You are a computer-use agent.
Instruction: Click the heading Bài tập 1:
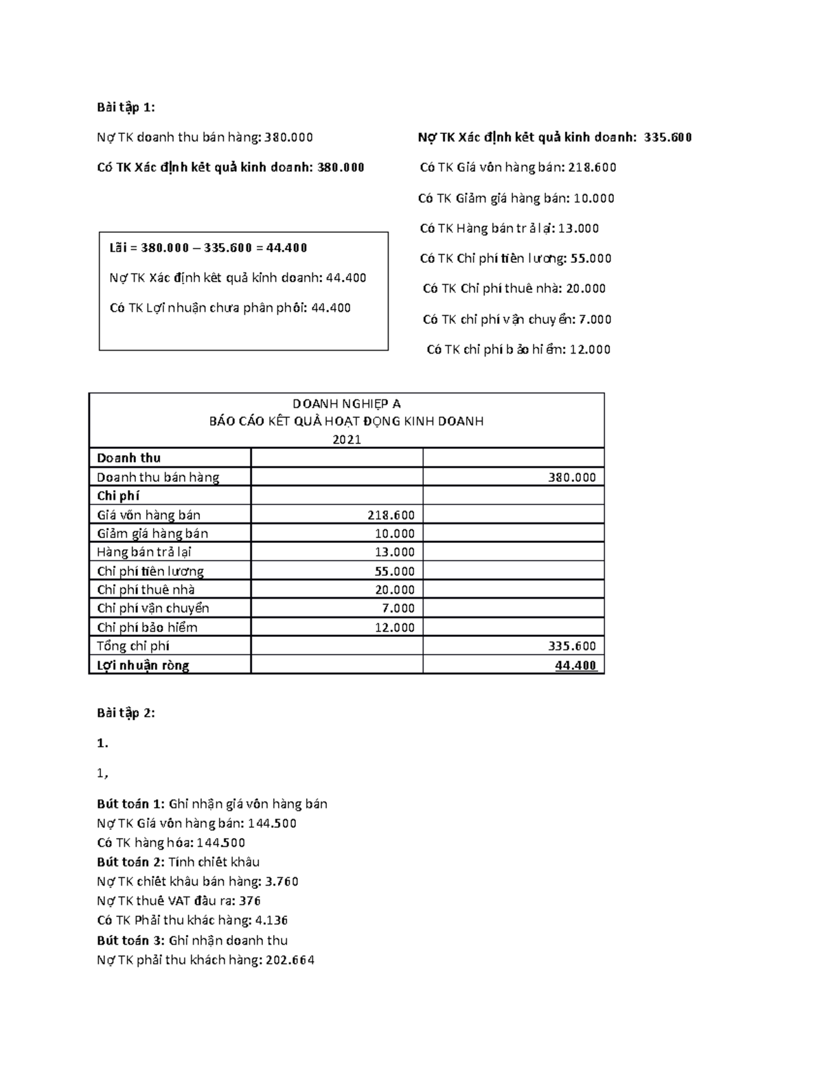[126, 107]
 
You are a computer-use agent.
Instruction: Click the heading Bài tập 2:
[126, 713]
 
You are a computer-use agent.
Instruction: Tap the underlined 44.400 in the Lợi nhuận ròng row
[576, 665]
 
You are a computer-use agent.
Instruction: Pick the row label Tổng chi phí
[133, 646]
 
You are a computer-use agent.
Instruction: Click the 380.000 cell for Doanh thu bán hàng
[572, 477]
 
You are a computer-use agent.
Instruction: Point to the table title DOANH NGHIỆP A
[346, 404]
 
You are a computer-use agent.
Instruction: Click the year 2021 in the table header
[346, 439]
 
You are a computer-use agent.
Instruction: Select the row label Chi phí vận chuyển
[152, 608]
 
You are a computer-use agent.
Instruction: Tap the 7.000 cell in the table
[398, 608]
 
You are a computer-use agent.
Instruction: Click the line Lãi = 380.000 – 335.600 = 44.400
[208, 248]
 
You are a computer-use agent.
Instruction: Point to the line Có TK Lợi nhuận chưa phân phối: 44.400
[230, 308]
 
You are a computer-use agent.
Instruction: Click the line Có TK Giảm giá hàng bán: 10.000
[516, 198]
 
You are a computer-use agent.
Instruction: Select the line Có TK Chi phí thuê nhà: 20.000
[514, 288]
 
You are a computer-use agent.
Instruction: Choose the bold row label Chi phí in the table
[118, 496]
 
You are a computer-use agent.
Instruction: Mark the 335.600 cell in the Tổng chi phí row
[572, 646]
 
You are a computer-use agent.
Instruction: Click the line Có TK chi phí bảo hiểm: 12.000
[518, 349]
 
